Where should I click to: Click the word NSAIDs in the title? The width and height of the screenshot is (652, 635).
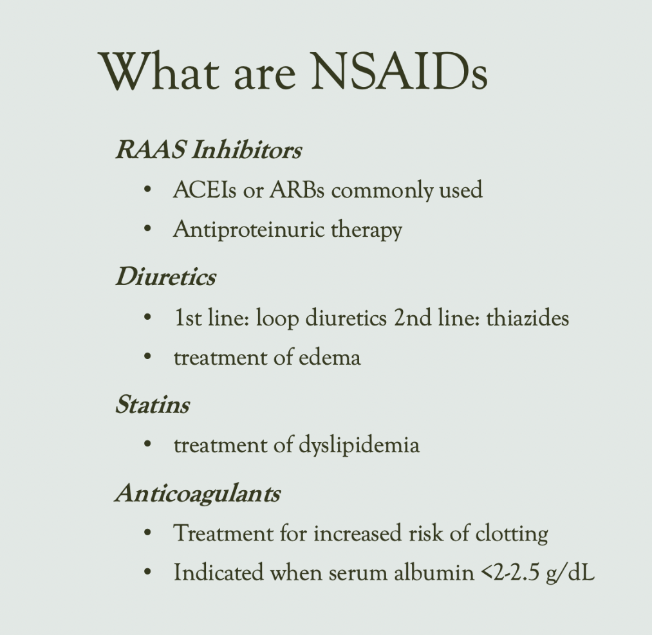tap(399, 71)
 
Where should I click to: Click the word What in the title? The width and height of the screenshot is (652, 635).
tap(158, 71)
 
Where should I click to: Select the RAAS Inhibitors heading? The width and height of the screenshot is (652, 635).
tap(209, 150)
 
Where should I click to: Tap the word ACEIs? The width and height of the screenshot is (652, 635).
tap(204, 190)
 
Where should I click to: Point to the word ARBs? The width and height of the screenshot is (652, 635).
tap(297, 190)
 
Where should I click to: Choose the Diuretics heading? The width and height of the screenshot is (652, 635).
tap(165, 277)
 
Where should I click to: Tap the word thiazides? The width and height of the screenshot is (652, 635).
tap(527, 318)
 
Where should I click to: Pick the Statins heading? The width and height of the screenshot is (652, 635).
tap(152, 405)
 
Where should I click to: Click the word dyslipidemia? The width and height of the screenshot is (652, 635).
tap(359, 445)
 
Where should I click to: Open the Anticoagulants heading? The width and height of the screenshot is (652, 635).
tap(198, 493)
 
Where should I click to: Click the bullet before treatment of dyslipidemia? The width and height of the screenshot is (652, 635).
tap(147, 445)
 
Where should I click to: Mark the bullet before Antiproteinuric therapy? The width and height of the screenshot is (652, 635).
tap(147, 229)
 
